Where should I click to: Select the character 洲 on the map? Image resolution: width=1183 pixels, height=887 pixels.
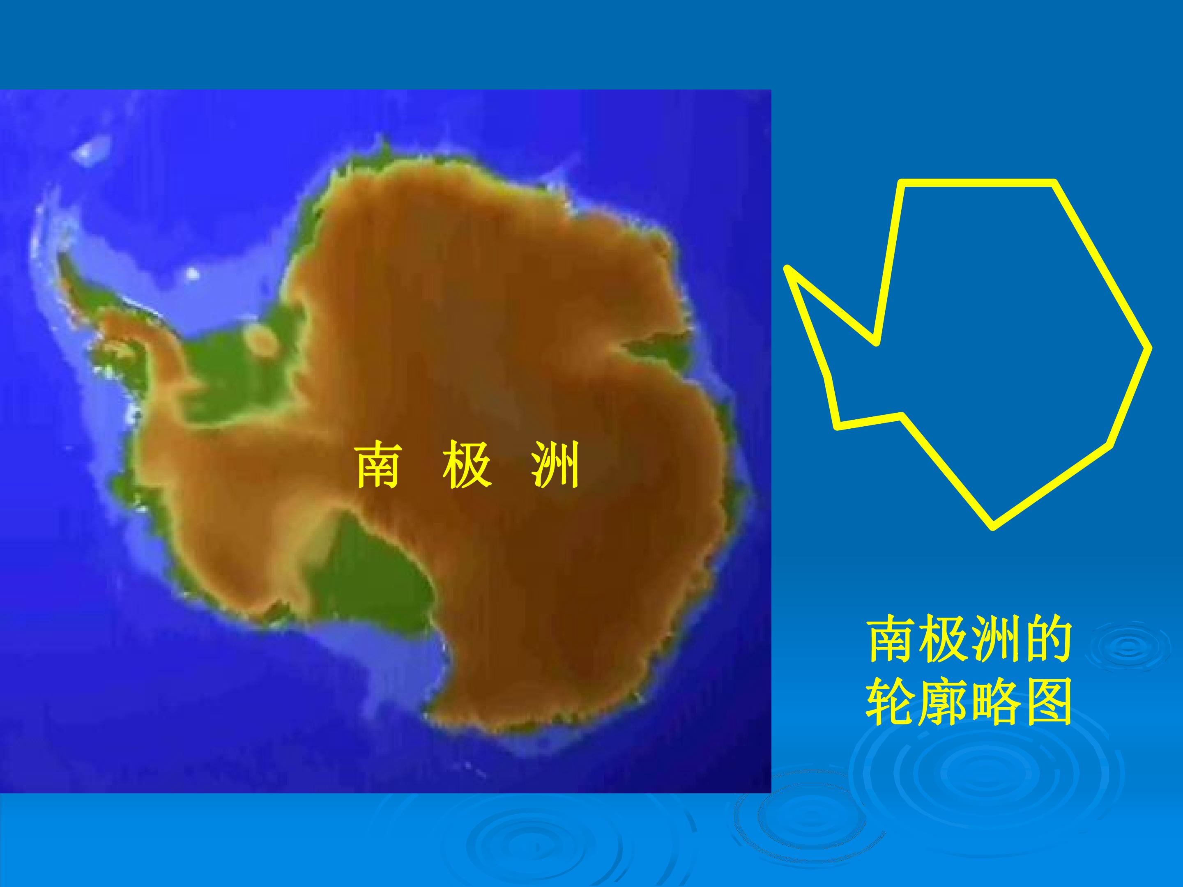[x=555, y=464]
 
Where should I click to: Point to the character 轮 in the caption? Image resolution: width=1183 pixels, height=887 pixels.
[x=891, y=701]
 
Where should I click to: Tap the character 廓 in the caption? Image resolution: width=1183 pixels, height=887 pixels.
[x=943, y=701]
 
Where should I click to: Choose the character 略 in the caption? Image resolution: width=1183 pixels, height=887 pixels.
[x=995, y=701]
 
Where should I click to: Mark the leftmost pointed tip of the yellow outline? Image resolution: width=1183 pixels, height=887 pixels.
[x=787, y=269]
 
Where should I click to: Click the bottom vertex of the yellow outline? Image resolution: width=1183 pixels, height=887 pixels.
[x=993, y=526]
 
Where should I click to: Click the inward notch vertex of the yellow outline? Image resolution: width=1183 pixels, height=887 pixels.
[x=876, y=342]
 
